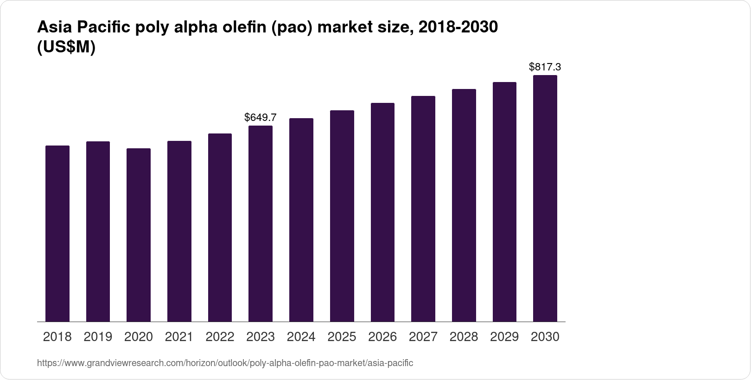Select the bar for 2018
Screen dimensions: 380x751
click(x=57, y=234)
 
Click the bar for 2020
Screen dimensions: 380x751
click(x=139, y=235)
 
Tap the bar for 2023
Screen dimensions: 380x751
click(x=261, y=223)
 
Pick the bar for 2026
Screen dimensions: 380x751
click(x=382, y=212)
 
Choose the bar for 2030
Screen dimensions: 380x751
click(x=545, y=198)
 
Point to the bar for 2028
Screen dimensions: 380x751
click(x=464, y=205)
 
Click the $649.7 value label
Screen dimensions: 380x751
click(x=261, y=117)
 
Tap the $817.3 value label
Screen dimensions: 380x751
click(x=545, y=67)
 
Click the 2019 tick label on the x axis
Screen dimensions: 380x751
click(x=98, y=337)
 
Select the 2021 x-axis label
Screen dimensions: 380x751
click(x=179, y=337)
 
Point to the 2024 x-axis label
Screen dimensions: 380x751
click(x=301, y=337)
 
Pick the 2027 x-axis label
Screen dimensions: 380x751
click(x=423, y=337)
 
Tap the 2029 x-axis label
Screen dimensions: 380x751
click(x=504, y=337)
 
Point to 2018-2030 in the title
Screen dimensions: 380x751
click(x=458, y=27)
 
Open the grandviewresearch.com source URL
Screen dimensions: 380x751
click(x=225, y=363)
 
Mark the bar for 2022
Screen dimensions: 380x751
click(x=220, y=228)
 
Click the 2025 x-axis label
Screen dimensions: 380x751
click(x=342, y=337)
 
